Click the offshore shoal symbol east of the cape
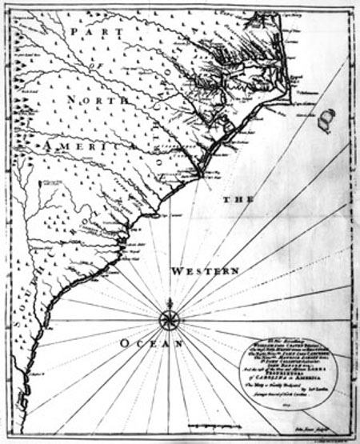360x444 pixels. tap(325, 121)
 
